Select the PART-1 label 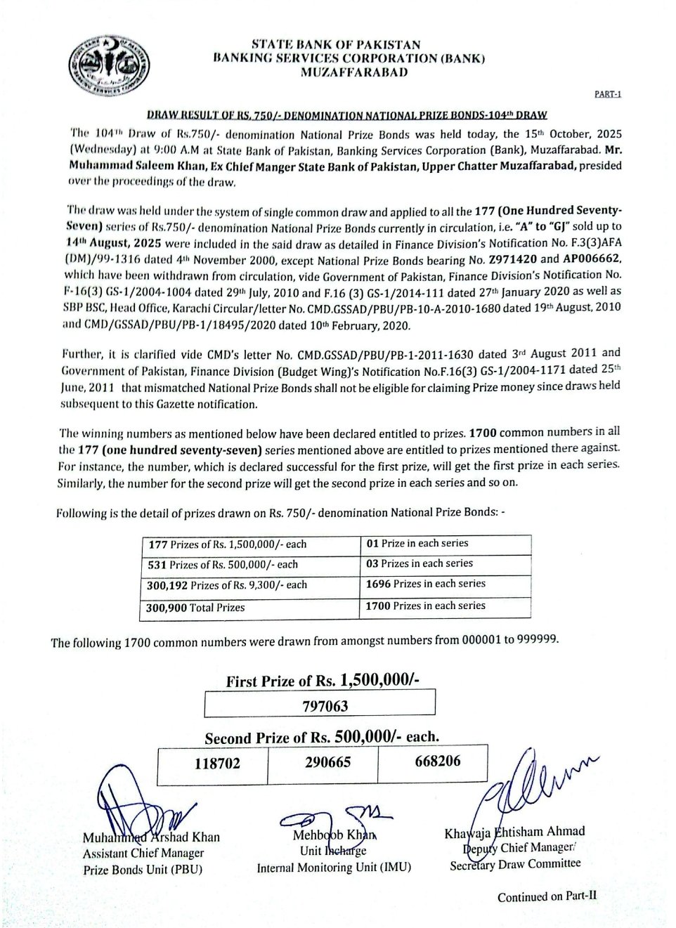coord(608,94)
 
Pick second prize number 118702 coord(217,763)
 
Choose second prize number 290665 coord(327,762)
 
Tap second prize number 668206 coord(438,761)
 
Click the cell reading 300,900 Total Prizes coord(196,607)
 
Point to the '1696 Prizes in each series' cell coord(425,584)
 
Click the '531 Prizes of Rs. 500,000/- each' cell coord(223,564)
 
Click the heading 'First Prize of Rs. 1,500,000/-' coord(323,680)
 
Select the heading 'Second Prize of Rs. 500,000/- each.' coord(322,738)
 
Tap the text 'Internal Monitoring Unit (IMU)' coord(334,868)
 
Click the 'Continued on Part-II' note coord(547,896)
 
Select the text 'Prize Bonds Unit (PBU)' coord(143,870)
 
